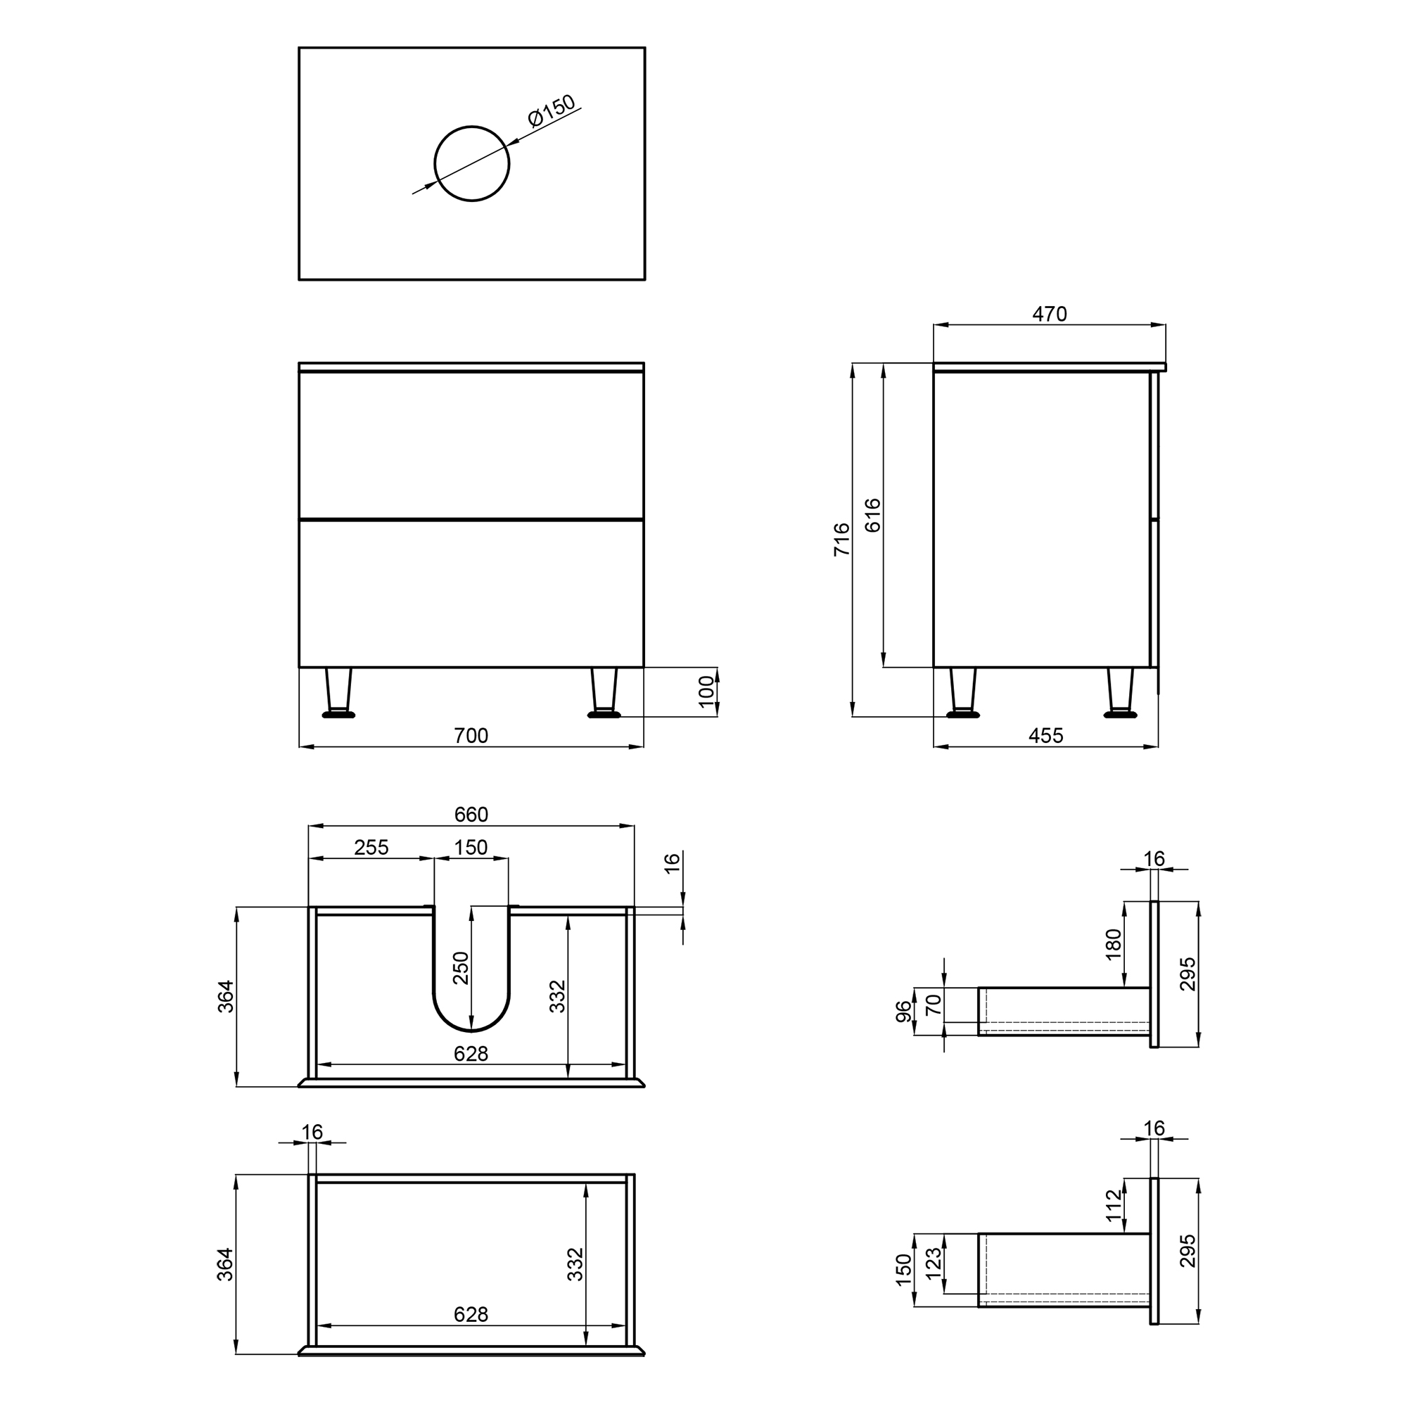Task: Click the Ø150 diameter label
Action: (552, 110)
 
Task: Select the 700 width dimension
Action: (471, 736)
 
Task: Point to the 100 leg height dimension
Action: (706, 691)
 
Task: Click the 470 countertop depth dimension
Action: (1050, 314)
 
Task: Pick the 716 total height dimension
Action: (842, 540)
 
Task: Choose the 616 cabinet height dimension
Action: (872, 516)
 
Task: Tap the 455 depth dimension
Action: (1046, 736)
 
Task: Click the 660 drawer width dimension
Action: (471, 814)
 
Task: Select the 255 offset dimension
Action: (371, 848)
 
